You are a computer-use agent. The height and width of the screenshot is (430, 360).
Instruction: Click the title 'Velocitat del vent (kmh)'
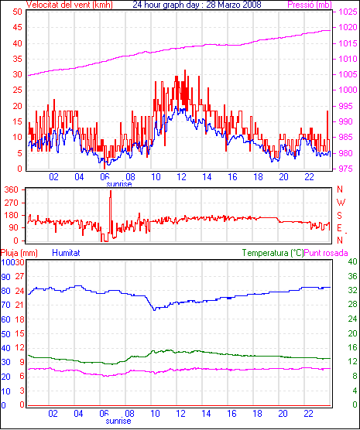tap(69, 5)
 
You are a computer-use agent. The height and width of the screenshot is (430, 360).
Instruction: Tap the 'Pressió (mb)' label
tap(310, 5)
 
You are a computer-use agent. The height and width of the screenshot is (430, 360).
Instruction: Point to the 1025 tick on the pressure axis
tap(348, 12)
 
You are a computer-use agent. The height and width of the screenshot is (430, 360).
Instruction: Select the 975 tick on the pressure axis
tap(346, 169)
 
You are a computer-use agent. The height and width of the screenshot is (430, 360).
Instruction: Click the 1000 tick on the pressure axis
tap(348, 90)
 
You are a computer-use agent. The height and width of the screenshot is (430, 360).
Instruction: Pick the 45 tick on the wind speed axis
tap(17, 27)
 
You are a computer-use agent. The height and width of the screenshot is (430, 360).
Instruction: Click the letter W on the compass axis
tap(341, 203)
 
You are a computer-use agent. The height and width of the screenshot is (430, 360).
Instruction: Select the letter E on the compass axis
tap(339, 228)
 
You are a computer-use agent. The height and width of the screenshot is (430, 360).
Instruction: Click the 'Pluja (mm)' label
tap(19, 253)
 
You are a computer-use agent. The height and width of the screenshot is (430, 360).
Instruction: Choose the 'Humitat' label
tap(66, 253)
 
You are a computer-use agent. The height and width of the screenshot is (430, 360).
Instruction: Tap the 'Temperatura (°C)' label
tap(273, 253)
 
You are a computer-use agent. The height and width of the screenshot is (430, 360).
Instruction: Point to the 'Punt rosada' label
tap(326, 253)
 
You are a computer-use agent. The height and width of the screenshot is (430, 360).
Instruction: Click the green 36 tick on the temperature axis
tap(352, 276)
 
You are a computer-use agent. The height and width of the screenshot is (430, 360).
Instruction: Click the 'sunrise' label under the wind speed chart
tap(119, 184)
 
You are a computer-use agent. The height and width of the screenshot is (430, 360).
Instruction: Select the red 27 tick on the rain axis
tap(19, 276)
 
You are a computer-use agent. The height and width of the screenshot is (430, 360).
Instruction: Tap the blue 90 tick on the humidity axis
tap(5, 277)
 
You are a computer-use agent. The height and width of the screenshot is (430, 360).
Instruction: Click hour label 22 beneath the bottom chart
tap(308, 413)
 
